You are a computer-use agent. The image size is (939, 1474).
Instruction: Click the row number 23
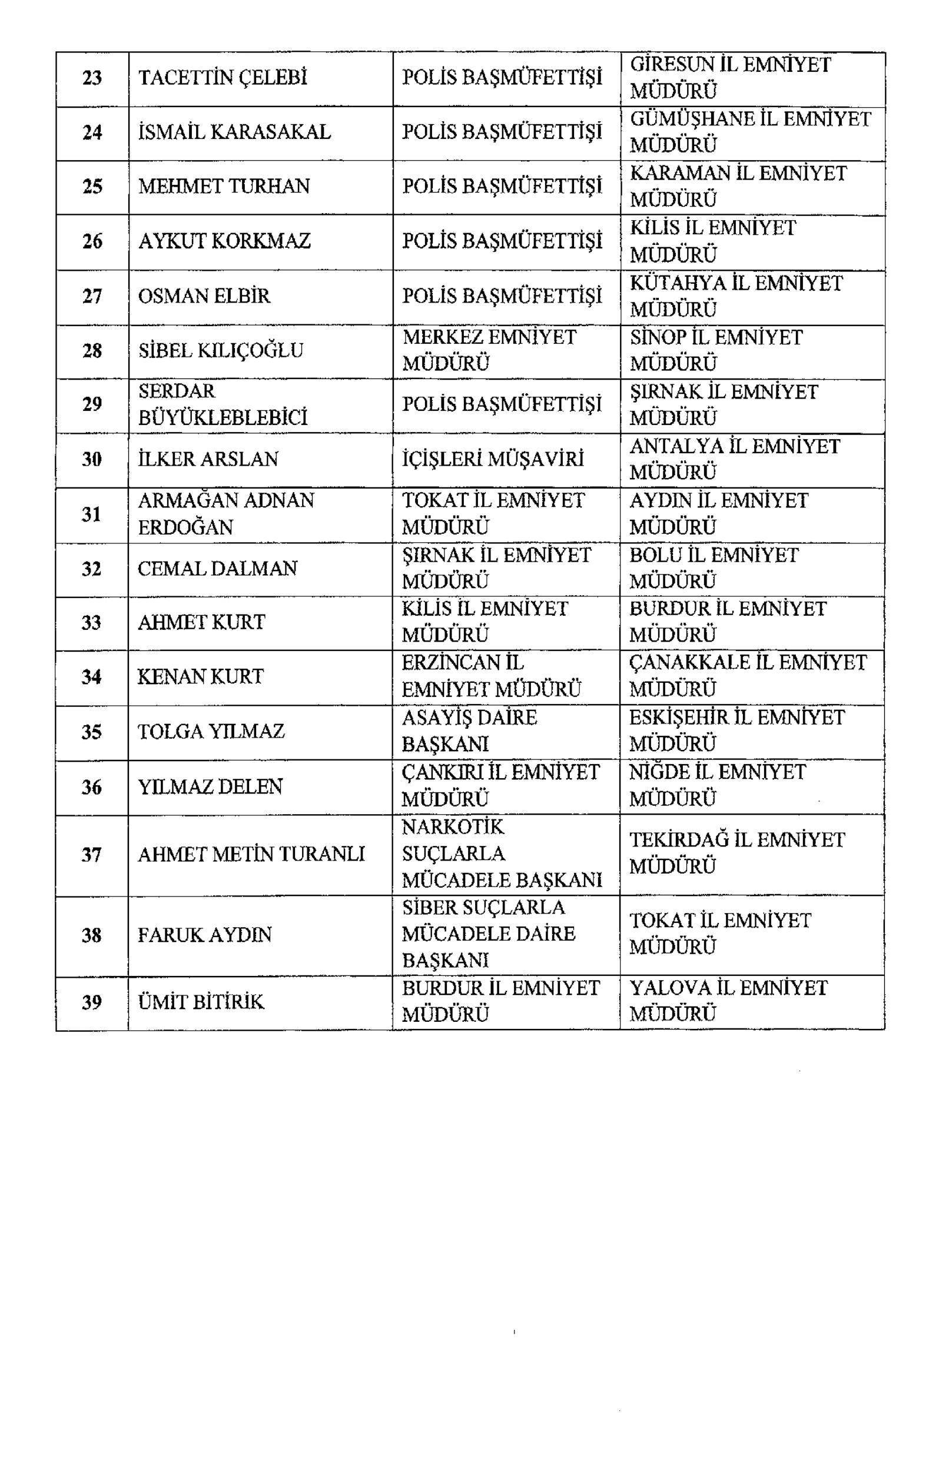(x=92, y=78)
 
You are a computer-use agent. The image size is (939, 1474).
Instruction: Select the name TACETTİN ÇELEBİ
(x=222, y=78)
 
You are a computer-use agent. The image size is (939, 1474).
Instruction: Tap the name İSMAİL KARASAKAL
(x=234, y=132)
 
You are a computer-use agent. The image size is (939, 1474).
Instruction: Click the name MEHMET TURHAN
(x=224, y=186)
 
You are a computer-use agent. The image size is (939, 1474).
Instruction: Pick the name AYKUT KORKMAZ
(x=224, y=241)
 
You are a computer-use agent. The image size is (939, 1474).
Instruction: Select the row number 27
(x=92, y=296)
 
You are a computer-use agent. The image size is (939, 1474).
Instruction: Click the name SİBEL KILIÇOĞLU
(x=220, y=351)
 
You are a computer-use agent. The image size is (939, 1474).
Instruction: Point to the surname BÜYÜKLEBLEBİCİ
(x=222, y=418)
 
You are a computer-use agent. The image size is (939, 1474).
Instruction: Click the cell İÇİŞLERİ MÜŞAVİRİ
(x=493, y=459)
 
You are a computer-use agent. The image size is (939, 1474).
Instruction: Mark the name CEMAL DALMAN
(x=217, y=569)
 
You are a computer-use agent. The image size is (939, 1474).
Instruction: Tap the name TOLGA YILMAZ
(x=211, y=732)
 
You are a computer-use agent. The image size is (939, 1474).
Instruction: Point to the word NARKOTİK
(x=453, y=828)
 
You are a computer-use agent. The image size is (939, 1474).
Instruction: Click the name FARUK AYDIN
(x=204, y=935)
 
